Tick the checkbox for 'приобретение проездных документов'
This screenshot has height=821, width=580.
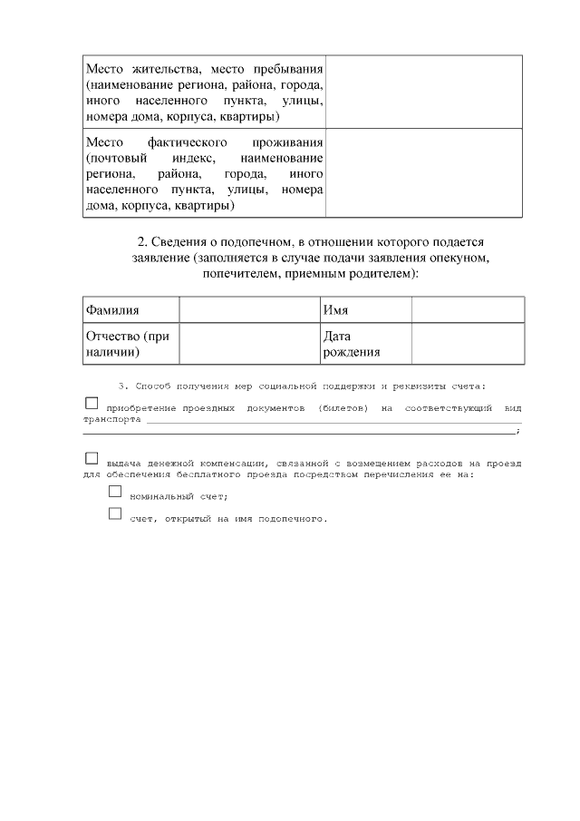pyautogui.click(x=92, y=403)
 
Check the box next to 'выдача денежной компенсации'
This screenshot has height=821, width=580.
pyautogui.click(x=92, y=458)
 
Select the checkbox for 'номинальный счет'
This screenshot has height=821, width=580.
pyautogui.click(x=115, y=491)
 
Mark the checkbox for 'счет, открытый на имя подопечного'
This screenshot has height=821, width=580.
pyautogui.click(x=115, y=513)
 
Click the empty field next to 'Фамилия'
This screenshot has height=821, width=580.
pyautogui.click(x=249, y=310)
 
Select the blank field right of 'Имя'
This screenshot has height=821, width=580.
pyautogui.click(x=468, y=310)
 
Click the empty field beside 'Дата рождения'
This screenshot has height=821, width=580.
pyautogui.click(x=468, y=344)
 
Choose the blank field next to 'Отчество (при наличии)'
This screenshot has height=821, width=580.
pyautogui.click(x=249, y=344)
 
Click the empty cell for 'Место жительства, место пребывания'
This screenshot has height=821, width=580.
pyautogui.click(x=424, y=93)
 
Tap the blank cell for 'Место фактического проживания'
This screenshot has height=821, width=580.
pyautogui.click(x=424, y=173)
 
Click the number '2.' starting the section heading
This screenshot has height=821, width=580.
pyautogui.click(x=142, y=242)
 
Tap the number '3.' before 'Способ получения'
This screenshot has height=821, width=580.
pyautogui.click(x=123, y=386)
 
